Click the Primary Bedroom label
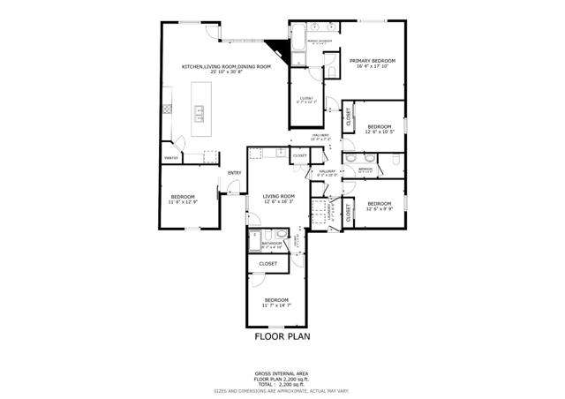click(372, 63)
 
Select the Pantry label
click(170, 158)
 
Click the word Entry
click(234, 172)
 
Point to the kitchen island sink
click(200, 112)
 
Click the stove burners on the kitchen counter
click(165, 109)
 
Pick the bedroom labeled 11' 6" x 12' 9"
click(183, 198)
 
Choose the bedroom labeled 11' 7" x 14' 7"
click(276, 303)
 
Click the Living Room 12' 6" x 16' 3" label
click(279, 199)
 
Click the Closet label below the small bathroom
click(268, 264)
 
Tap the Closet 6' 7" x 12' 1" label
click(307, 100)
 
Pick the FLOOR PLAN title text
click(280, 336)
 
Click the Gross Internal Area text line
click(281, 373)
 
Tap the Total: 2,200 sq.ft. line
click(281, 384)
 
